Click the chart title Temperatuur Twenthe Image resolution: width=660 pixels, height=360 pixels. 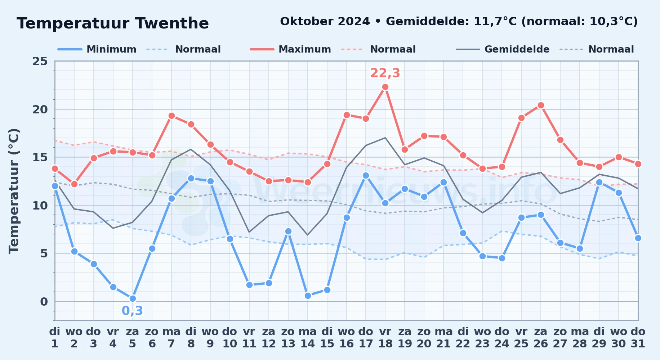[x=113, y=23]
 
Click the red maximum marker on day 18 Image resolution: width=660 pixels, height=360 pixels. [x=385, y=87]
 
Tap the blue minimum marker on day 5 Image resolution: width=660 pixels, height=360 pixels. [x=133, y=298]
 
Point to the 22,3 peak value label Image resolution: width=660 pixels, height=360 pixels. [x=385, y=73]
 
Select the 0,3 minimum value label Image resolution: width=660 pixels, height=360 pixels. [x=133, y=310]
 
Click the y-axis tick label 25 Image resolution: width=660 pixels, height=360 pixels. [x=40, y=61]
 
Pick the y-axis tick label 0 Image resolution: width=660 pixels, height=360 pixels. [x=44, y=301]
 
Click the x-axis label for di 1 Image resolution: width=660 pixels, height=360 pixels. [x=55, y=337]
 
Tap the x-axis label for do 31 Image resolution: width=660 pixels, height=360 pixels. [x=638, y=337]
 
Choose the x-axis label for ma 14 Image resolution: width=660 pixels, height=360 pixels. [x=308, y=337]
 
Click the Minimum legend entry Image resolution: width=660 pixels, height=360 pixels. [x=97, y=49]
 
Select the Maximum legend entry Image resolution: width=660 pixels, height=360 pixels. [x=290, y=49]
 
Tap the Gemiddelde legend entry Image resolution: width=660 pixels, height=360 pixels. [x=503, y=49]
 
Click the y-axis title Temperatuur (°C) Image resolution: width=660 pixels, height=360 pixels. [x=14, y=191]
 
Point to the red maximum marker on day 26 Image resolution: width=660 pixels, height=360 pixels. [x=540, y=105]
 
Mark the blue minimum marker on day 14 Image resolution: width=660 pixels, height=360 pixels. [x=308, y=296]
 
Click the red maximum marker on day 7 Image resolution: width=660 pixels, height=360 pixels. [x=171, y=116]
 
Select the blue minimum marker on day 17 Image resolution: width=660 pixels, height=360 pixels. [x=366, y=175]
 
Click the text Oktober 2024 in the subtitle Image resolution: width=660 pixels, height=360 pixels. [x=325, y=22]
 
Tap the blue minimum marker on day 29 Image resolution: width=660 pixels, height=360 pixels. [x=599, y=182]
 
